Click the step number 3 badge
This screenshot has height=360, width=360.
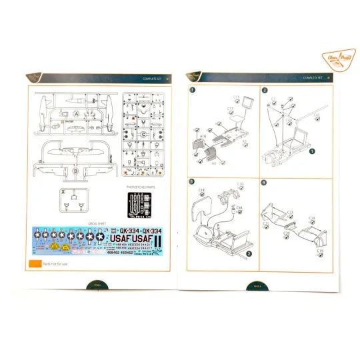[x=193, y=181]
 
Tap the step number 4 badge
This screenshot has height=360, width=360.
[x=264, y=181]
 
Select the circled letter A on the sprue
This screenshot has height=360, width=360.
[x=76, y=114]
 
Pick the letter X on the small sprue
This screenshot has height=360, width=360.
[x=63, y=191]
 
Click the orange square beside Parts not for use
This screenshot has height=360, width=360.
[x=33, y=264]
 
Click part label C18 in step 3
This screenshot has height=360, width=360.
[x=201, y=190]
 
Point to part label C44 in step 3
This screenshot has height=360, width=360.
[x=239, y=207]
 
